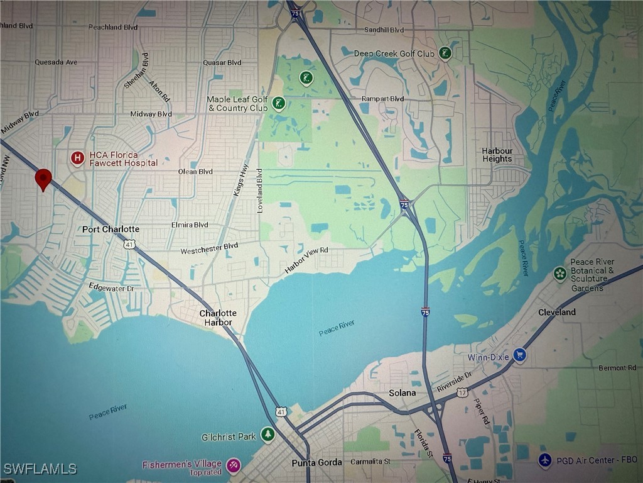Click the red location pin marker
tap(43, 179)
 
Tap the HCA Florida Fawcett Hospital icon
tap(77, 157)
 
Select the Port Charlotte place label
tap(111, 230)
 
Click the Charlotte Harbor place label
tap(218, 318)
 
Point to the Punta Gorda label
tap(316, 463)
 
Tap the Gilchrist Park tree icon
tap(268, 435)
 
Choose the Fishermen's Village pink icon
tap(234, 465)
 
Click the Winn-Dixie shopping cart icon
tap(519, 355)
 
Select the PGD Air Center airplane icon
tap(545, 460)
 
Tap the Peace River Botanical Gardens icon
tap(559, 274)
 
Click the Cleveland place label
tap(556, 313)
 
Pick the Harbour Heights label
tap(497, 155)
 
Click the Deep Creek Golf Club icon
tap(445, 53)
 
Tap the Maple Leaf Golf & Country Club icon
tap(279, 103)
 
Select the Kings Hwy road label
tap(238, 180)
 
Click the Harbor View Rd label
tap(306, 259)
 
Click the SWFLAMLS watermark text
tap(40, 469)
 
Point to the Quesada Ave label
tap(56, 62)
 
